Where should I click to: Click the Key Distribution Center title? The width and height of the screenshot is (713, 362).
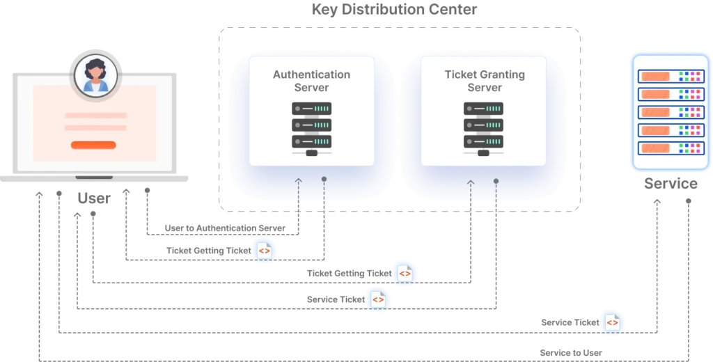point(394,10)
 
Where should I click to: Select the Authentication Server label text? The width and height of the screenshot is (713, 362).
point(311,81)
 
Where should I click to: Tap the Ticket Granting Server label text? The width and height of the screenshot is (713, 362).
point(485,81)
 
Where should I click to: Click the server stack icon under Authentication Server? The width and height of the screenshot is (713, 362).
point(311,129)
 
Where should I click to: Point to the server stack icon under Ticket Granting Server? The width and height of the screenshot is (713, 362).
point(483,129)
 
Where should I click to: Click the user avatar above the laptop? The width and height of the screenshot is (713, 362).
point(95,74)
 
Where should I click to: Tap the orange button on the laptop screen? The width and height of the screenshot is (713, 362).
point(93,145)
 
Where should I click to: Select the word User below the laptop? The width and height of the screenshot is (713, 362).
point(94,198)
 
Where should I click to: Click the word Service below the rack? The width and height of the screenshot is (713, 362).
point(671,183)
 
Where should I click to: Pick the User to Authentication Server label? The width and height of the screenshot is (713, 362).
point(225,228)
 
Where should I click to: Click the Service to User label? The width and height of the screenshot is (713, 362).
point(571,353)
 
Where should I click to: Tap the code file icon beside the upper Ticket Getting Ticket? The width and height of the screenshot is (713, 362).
point(264,251)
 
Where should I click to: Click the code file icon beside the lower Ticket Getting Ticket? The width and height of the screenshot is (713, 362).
point(405,274)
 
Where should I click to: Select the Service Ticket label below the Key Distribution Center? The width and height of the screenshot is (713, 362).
point(336,299)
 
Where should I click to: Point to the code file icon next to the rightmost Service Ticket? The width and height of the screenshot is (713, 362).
point(613,322)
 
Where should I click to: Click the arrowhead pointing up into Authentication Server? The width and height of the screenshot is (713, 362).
point(298,180)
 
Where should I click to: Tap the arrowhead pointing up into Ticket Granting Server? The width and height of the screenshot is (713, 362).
point(471,182)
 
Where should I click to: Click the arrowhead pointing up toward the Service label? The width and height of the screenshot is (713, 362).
point(657,201)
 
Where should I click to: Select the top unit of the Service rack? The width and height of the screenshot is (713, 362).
point(671,76)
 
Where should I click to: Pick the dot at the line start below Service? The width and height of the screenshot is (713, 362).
point(689,201)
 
